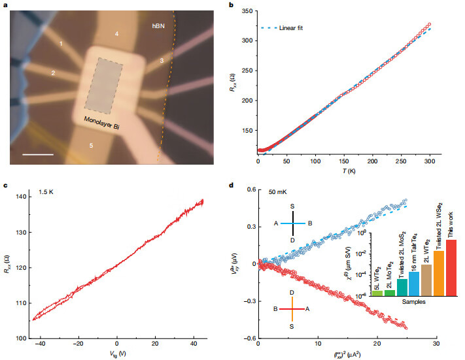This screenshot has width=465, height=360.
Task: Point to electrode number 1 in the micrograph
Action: tap(61, 43)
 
